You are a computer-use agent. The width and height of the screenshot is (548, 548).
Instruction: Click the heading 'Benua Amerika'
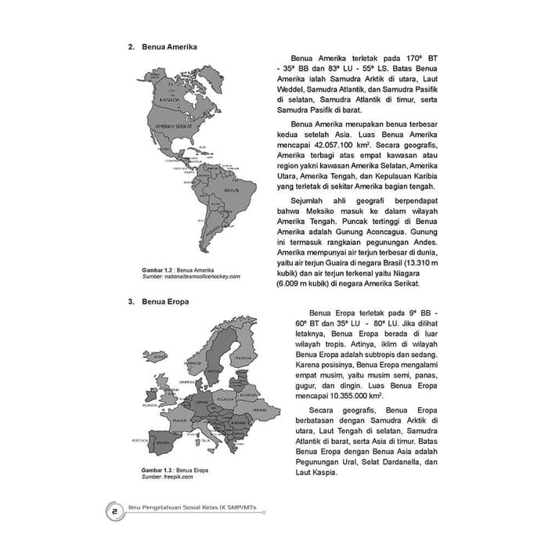pyautogui.click(x=169, y=47)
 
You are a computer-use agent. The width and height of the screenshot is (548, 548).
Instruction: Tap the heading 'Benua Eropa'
pyautogui.click(x=164, y=300)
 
